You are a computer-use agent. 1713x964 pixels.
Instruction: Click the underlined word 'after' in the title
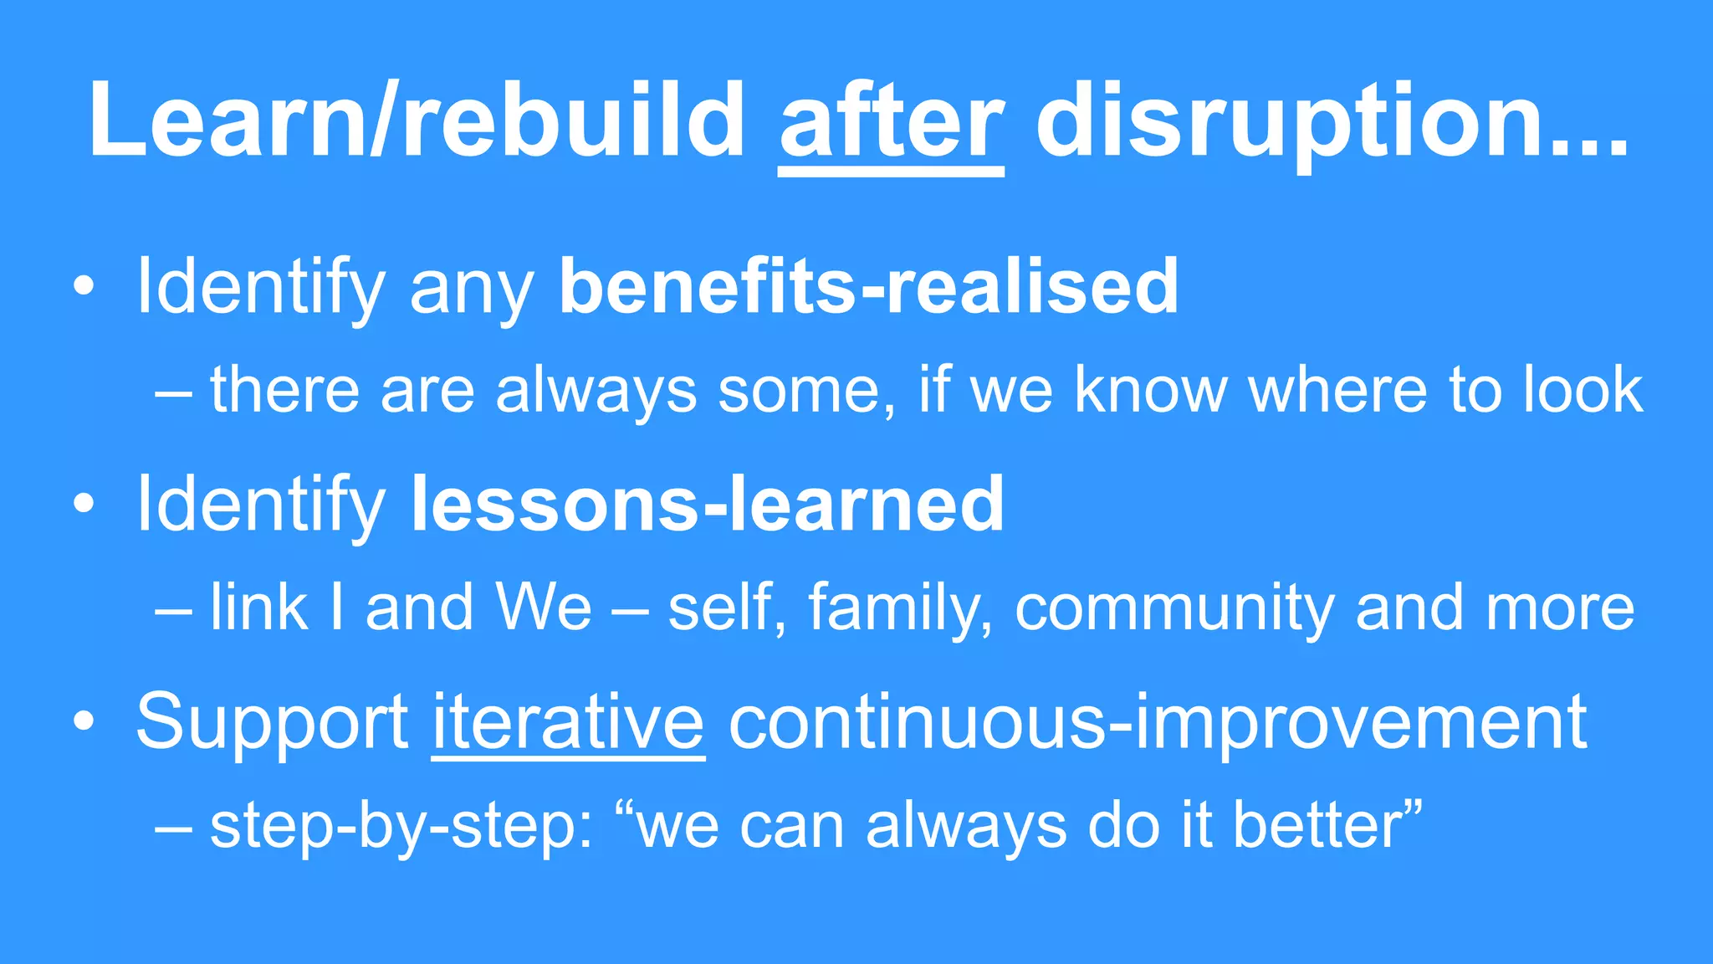[x=891, y=121]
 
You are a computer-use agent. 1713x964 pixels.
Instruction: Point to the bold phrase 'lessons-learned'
[x=708, y=504]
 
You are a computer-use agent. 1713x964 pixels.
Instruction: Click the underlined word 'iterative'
[x=568, y=721]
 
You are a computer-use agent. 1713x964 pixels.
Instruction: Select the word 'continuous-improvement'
[x=1158, y=721]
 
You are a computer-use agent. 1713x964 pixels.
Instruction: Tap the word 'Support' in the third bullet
[x=272, y=721]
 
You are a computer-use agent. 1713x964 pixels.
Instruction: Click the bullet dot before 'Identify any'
[x=84, y=287]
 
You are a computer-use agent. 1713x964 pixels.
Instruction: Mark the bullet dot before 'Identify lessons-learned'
[x=84, y=505]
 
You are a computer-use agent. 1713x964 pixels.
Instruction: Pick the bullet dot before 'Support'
[x=84, y=722]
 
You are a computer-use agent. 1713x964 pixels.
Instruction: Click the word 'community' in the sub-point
[x=1174, y=608]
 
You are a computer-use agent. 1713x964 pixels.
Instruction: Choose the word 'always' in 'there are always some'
[x=596, y=391]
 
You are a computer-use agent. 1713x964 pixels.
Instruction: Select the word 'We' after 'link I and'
[x=543, y=608]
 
